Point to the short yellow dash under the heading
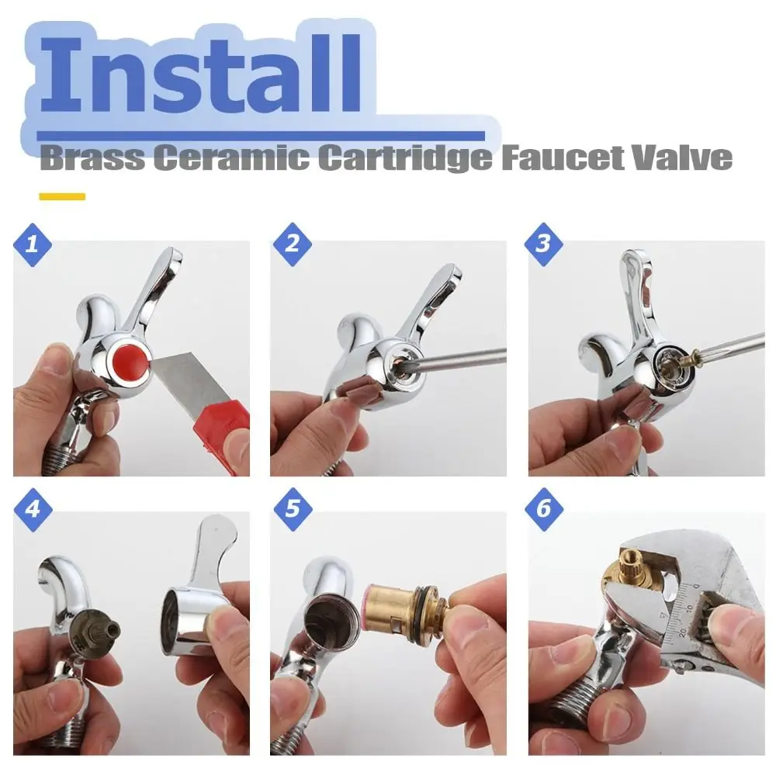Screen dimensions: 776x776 [x=61, y=196]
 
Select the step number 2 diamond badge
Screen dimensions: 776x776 [x=293, y=244]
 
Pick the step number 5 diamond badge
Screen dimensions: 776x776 [x=293, y=509]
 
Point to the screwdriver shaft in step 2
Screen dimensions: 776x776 [x=458, y=357]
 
